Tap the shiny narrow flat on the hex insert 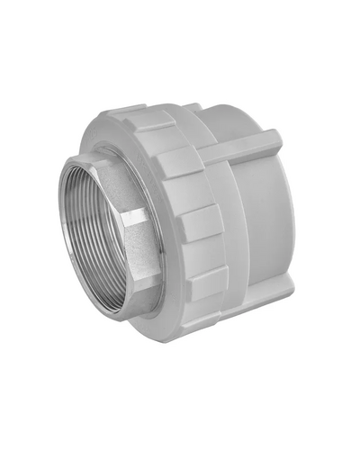coord(135,218)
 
